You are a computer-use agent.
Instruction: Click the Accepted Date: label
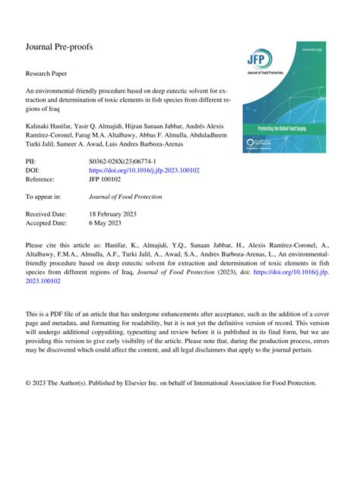click(47, 224)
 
